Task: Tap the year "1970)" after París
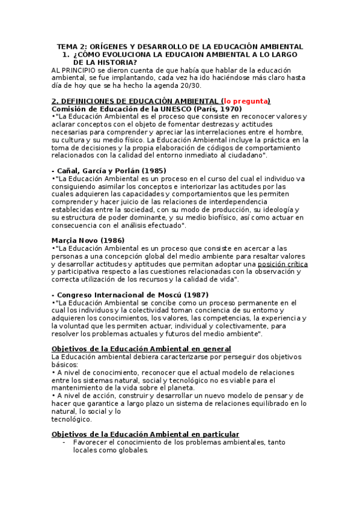click(x=231, y=108)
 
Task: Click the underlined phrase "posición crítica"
click(x=282, y=264)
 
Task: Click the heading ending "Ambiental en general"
click(x=141, y=349)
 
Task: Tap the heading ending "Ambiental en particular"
click(x=145, y=434)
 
